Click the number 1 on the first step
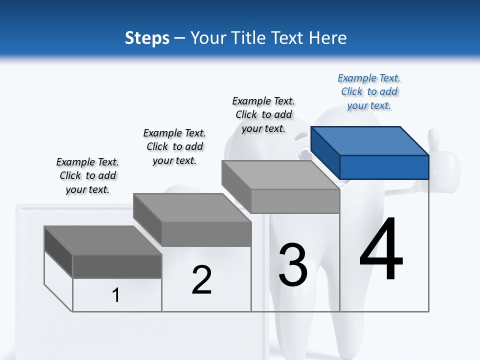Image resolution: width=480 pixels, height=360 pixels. (116, 295)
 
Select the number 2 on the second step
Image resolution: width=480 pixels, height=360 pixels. (201, 280)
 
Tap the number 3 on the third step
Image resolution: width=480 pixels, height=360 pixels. (293, 265)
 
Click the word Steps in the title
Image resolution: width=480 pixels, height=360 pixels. (147, 38)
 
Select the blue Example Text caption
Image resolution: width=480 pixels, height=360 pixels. (369, 92)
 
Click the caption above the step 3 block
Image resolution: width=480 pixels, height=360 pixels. (263, 114)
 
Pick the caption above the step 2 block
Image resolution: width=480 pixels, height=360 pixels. (174, 146)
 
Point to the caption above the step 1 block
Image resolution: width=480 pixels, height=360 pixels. (87, 175)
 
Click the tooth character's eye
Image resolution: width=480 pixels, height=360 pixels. (303, 153)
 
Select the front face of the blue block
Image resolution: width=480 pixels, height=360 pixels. (384, 167)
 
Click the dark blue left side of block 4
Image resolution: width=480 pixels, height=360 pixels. (325, 152)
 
